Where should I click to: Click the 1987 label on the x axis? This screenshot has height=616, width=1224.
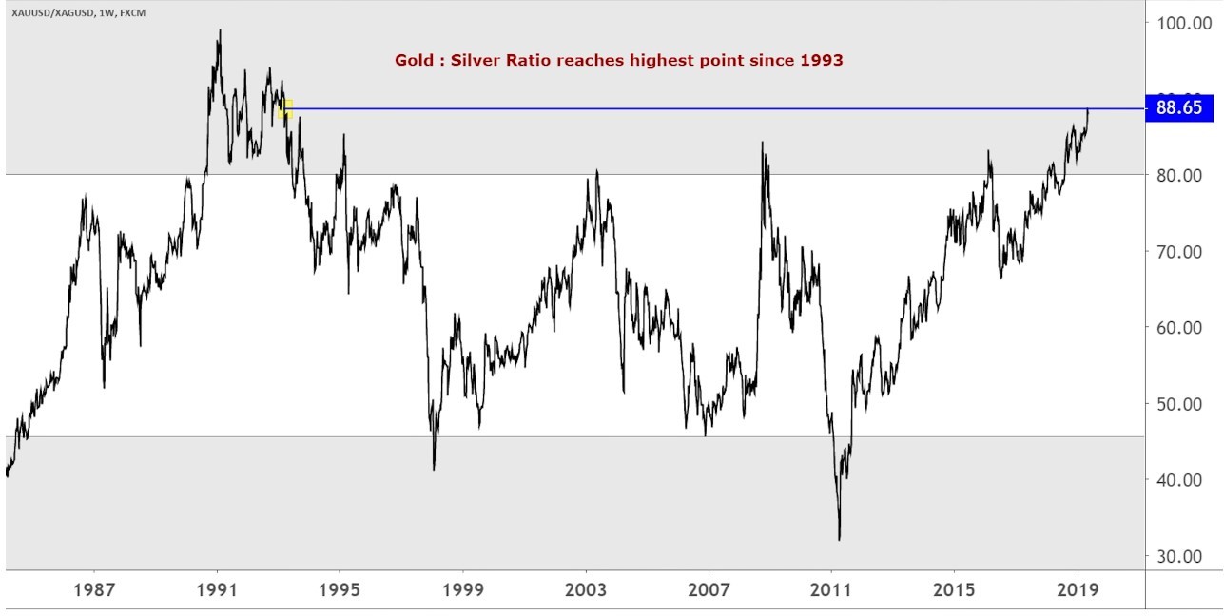pos(94,589)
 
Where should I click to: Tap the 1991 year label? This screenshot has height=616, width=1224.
pos(217,589)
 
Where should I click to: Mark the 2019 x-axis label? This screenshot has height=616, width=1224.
pos(1078,589)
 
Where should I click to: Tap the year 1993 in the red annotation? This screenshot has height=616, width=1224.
pos(821,60)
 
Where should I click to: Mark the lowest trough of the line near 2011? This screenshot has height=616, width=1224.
pos(839,539)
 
